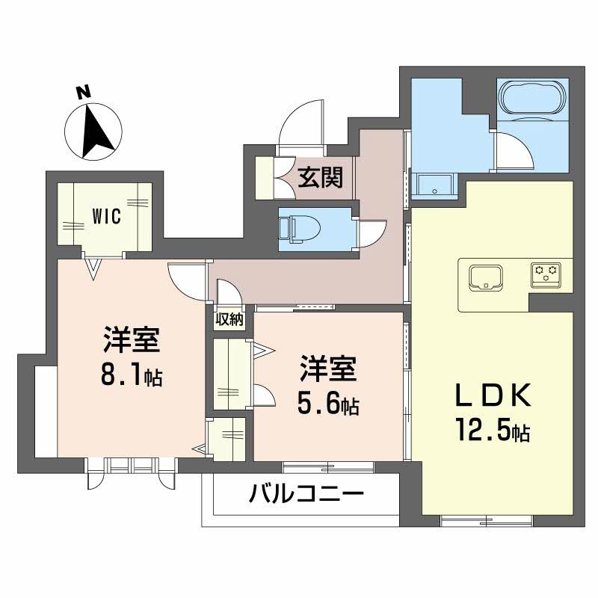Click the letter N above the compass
pyautogui.click(x=84, y=93)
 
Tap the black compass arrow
pyautogui.click(x=97, y=131)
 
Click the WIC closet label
pyautogui.click(x=107, y=215)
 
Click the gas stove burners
pyautogui.click(x=546, y=273)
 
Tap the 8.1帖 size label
pyautogui.click(x=132, y=375)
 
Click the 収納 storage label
pyautogui.click(x=229, y=319)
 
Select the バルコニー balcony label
pyautogui.click(x=306, y=493)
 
